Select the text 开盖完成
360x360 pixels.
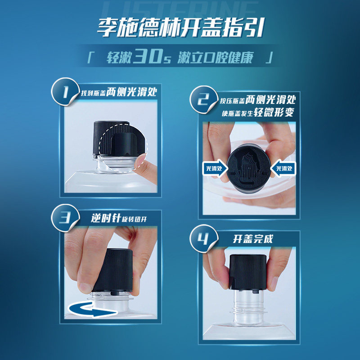pyautogui.click(x=253, y=239)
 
